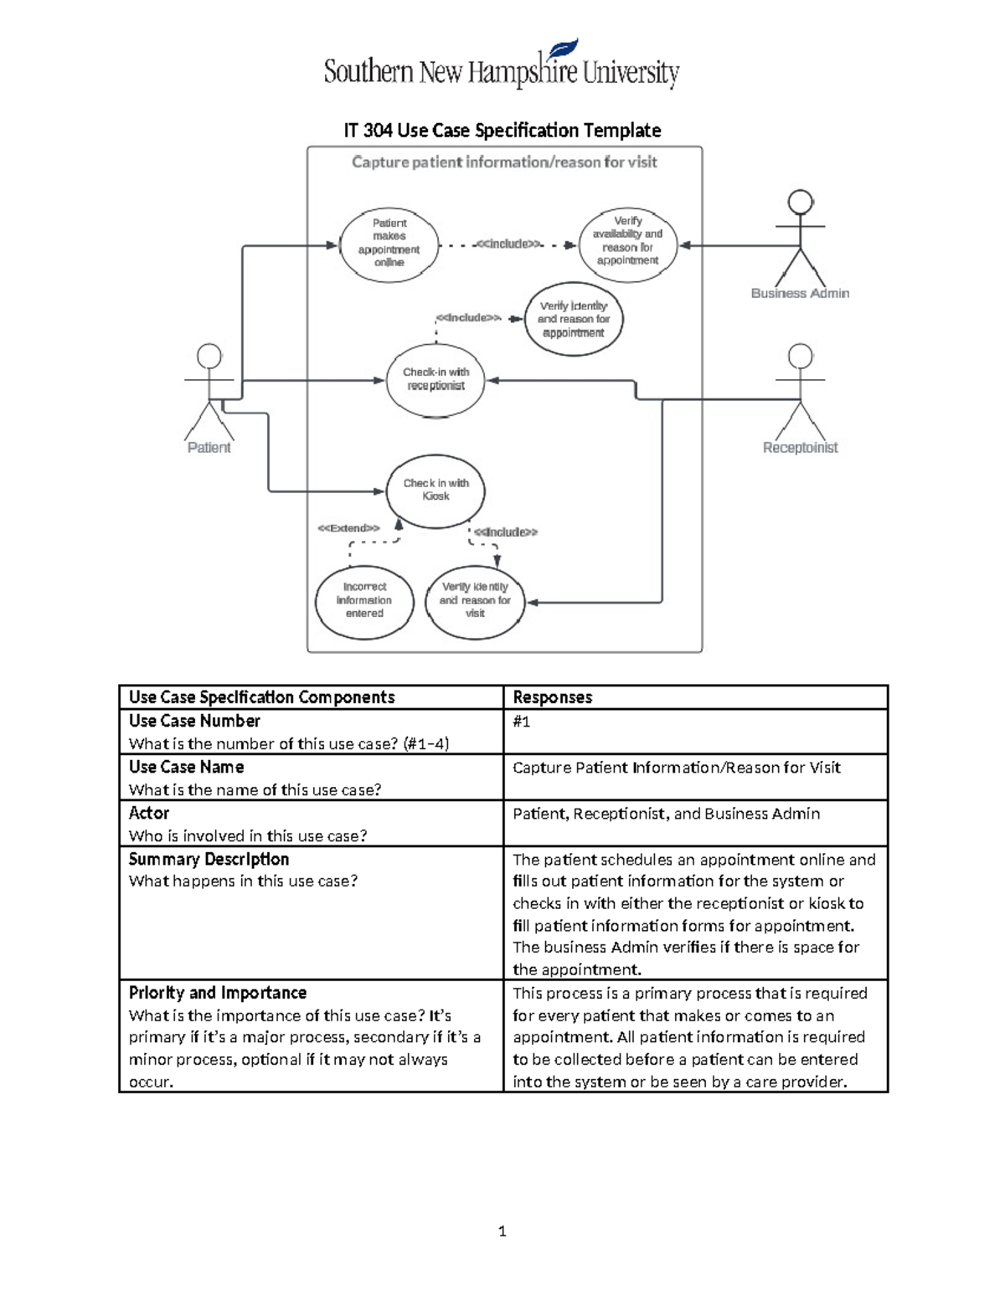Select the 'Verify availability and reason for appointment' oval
[x=627, y=241]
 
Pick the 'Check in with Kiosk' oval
[x=435, y=491]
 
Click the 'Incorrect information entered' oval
[x=364, y=600]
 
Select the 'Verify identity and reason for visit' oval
[x=475, y=600]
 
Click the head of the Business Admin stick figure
[x=801, y=202]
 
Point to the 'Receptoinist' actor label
[x=800, y=448]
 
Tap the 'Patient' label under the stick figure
[x=209, y=448]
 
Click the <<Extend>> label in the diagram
[x=348, y=528]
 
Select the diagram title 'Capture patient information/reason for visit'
[x=504, y=162]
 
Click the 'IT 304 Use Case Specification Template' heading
[x=502, y=131]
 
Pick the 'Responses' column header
[x=552, y=697]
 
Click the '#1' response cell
[x=521, y=722]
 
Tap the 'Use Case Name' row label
[x=186, y=767]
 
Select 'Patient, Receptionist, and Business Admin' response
[x=666, y=814]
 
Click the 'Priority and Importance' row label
[x=217, y=993]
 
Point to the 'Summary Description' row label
[x=209, y=859]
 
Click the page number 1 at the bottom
[x=502, y=1231]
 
